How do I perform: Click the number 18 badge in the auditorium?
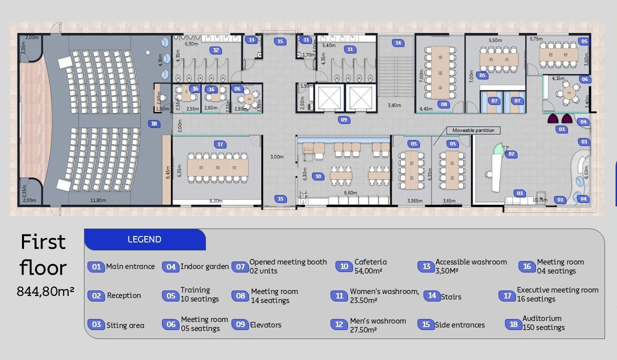154,123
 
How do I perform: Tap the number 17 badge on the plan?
220,144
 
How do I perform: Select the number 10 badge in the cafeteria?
318,176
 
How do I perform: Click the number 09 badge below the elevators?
343,119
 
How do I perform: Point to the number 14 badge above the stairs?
398,42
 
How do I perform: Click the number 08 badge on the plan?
443,104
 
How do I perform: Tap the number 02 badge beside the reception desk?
511,154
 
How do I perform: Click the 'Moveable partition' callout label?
473,130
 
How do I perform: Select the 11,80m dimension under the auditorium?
98,200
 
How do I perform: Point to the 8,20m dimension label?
216,200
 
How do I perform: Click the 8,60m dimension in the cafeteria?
350,192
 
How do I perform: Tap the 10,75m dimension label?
540,199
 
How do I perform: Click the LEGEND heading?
144,239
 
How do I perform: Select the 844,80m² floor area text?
45,290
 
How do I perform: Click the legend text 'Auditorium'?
542,318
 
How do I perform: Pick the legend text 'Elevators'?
265,325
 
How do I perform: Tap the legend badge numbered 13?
426,266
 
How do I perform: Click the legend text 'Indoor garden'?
204,266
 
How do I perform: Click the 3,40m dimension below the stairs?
395,105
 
